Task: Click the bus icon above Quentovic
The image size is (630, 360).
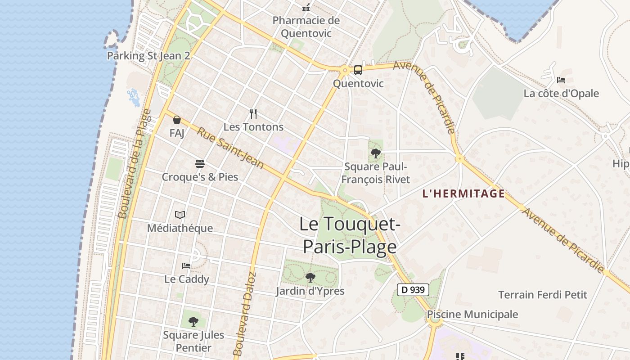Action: [x=358, y=70]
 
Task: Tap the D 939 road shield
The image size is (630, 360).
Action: [x=413, y=290]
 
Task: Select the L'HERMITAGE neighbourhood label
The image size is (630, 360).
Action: [x=463, y=193]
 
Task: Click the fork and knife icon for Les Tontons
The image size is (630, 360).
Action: [x=253, y=114]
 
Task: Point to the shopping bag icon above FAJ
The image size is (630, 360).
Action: [x=177, y=120]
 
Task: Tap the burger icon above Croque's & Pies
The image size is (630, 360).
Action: [x=200, y=163]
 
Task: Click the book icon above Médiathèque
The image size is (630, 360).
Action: [x=180, y=215]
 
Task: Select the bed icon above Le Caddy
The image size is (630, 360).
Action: [x=186, y=265]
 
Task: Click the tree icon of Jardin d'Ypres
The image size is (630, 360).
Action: [x=310, y=277]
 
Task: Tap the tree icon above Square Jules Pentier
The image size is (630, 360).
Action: [x=193, y=321]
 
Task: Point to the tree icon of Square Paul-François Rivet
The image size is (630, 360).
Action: [x=375, y=153]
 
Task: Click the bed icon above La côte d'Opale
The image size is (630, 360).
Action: [x=561, y=80]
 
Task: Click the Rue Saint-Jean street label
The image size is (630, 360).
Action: [x=230, y=148]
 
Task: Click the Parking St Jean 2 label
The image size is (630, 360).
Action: [x=148, y=56]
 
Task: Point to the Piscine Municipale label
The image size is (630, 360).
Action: [x=472, y=314]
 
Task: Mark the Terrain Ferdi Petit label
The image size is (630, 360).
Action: [x=543, y=295]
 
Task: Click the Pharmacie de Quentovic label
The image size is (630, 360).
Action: [x=306, y=27]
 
